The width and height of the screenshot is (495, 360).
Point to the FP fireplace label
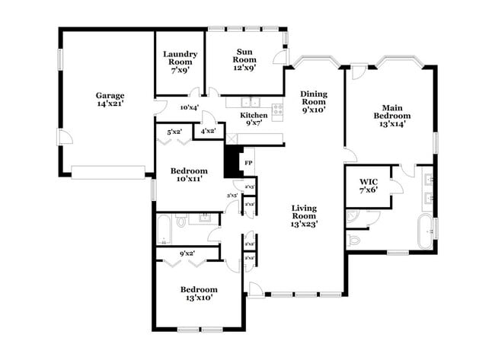[x=247, y=162]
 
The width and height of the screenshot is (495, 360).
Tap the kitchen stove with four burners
[x=276, y=108]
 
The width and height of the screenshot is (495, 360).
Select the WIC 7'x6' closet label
[x=369, y=186]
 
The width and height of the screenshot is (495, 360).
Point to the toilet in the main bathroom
[x=353, y=239]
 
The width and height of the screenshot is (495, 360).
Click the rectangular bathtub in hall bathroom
[x=164, y=228]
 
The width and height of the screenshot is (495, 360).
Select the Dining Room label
[x=313, y=101]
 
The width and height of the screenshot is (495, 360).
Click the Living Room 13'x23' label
[x=304, y=215]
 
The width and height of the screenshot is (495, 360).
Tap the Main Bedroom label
[x=391, y=115]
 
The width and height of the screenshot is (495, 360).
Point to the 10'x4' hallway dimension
[x=189, y=107]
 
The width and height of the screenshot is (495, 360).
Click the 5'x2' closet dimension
[x=174, y=132]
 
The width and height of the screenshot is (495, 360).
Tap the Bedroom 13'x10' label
[x=199, y=293]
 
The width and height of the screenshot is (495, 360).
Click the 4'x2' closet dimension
[x=207, y=130]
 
